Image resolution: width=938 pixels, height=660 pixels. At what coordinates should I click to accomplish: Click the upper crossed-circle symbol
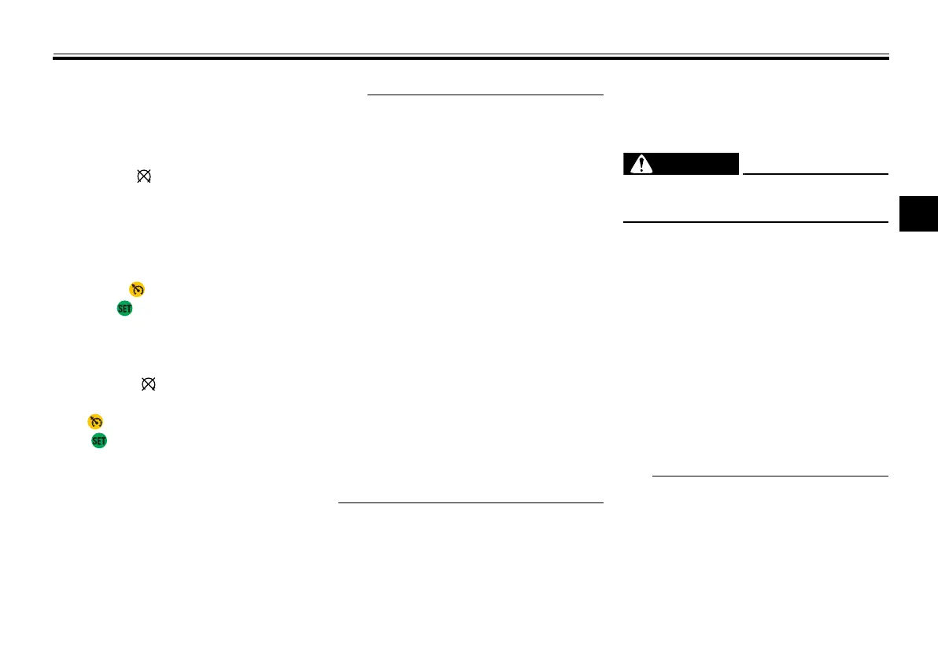pos(144,178)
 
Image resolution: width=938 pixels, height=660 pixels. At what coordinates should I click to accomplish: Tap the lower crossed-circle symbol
pos(149,384)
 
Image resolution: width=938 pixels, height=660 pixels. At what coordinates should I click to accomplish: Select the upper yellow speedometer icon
pos(137,290)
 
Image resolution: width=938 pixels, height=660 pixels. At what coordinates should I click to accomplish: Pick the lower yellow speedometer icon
pos(96,421)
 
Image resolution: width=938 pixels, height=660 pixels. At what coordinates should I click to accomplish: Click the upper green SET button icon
pos(124,309)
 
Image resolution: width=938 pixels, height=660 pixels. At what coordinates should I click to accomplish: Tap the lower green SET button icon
pos(98,441)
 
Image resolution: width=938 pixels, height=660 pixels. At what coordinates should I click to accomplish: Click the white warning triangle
pos(645,164)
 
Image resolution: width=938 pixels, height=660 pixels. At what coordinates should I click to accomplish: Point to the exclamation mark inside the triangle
pos(645,165)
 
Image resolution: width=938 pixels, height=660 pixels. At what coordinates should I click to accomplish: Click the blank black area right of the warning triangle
pos(700,164)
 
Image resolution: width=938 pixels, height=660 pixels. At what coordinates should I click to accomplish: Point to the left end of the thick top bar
pos(54,57)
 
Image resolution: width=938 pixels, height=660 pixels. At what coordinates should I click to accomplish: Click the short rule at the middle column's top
pos(485,95)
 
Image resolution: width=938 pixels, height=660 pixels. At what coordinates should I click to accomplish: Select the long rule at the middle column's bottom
pos(471,502)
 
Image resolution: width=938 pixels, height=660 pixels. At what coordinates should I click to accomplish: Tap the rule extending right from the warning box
pos(815,173)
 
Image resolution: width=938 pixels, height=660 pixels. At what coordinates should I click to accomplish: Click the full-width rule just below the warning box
pos(755,222)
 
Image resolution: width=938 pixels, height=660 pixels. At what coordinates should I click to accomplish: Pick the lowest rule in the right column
pos(770,476)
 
